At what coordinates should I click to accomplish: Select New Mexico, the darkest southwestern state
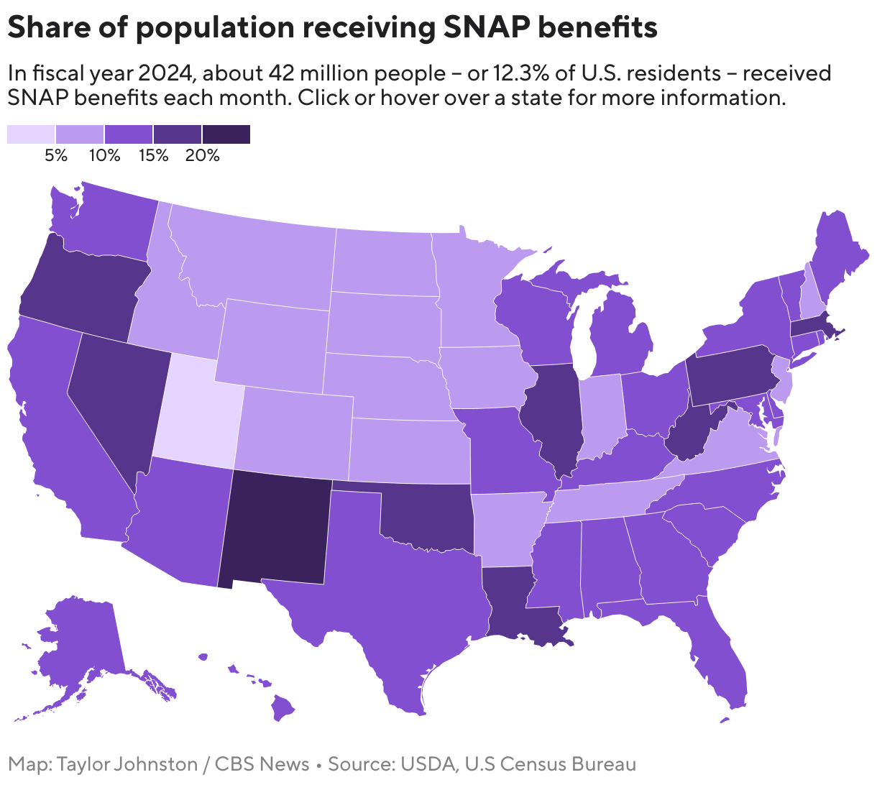point(277,528)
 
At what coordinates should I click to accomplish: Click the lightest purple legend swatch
point(31,134)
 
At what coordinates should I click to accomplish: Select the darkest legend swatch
point(226,134)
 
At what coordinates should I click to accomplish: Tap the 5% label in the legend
point(55,155)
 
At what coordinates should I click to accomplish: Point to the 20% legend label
point(202,155)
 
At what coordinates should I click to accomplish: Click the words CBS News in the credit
point(262,764)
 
